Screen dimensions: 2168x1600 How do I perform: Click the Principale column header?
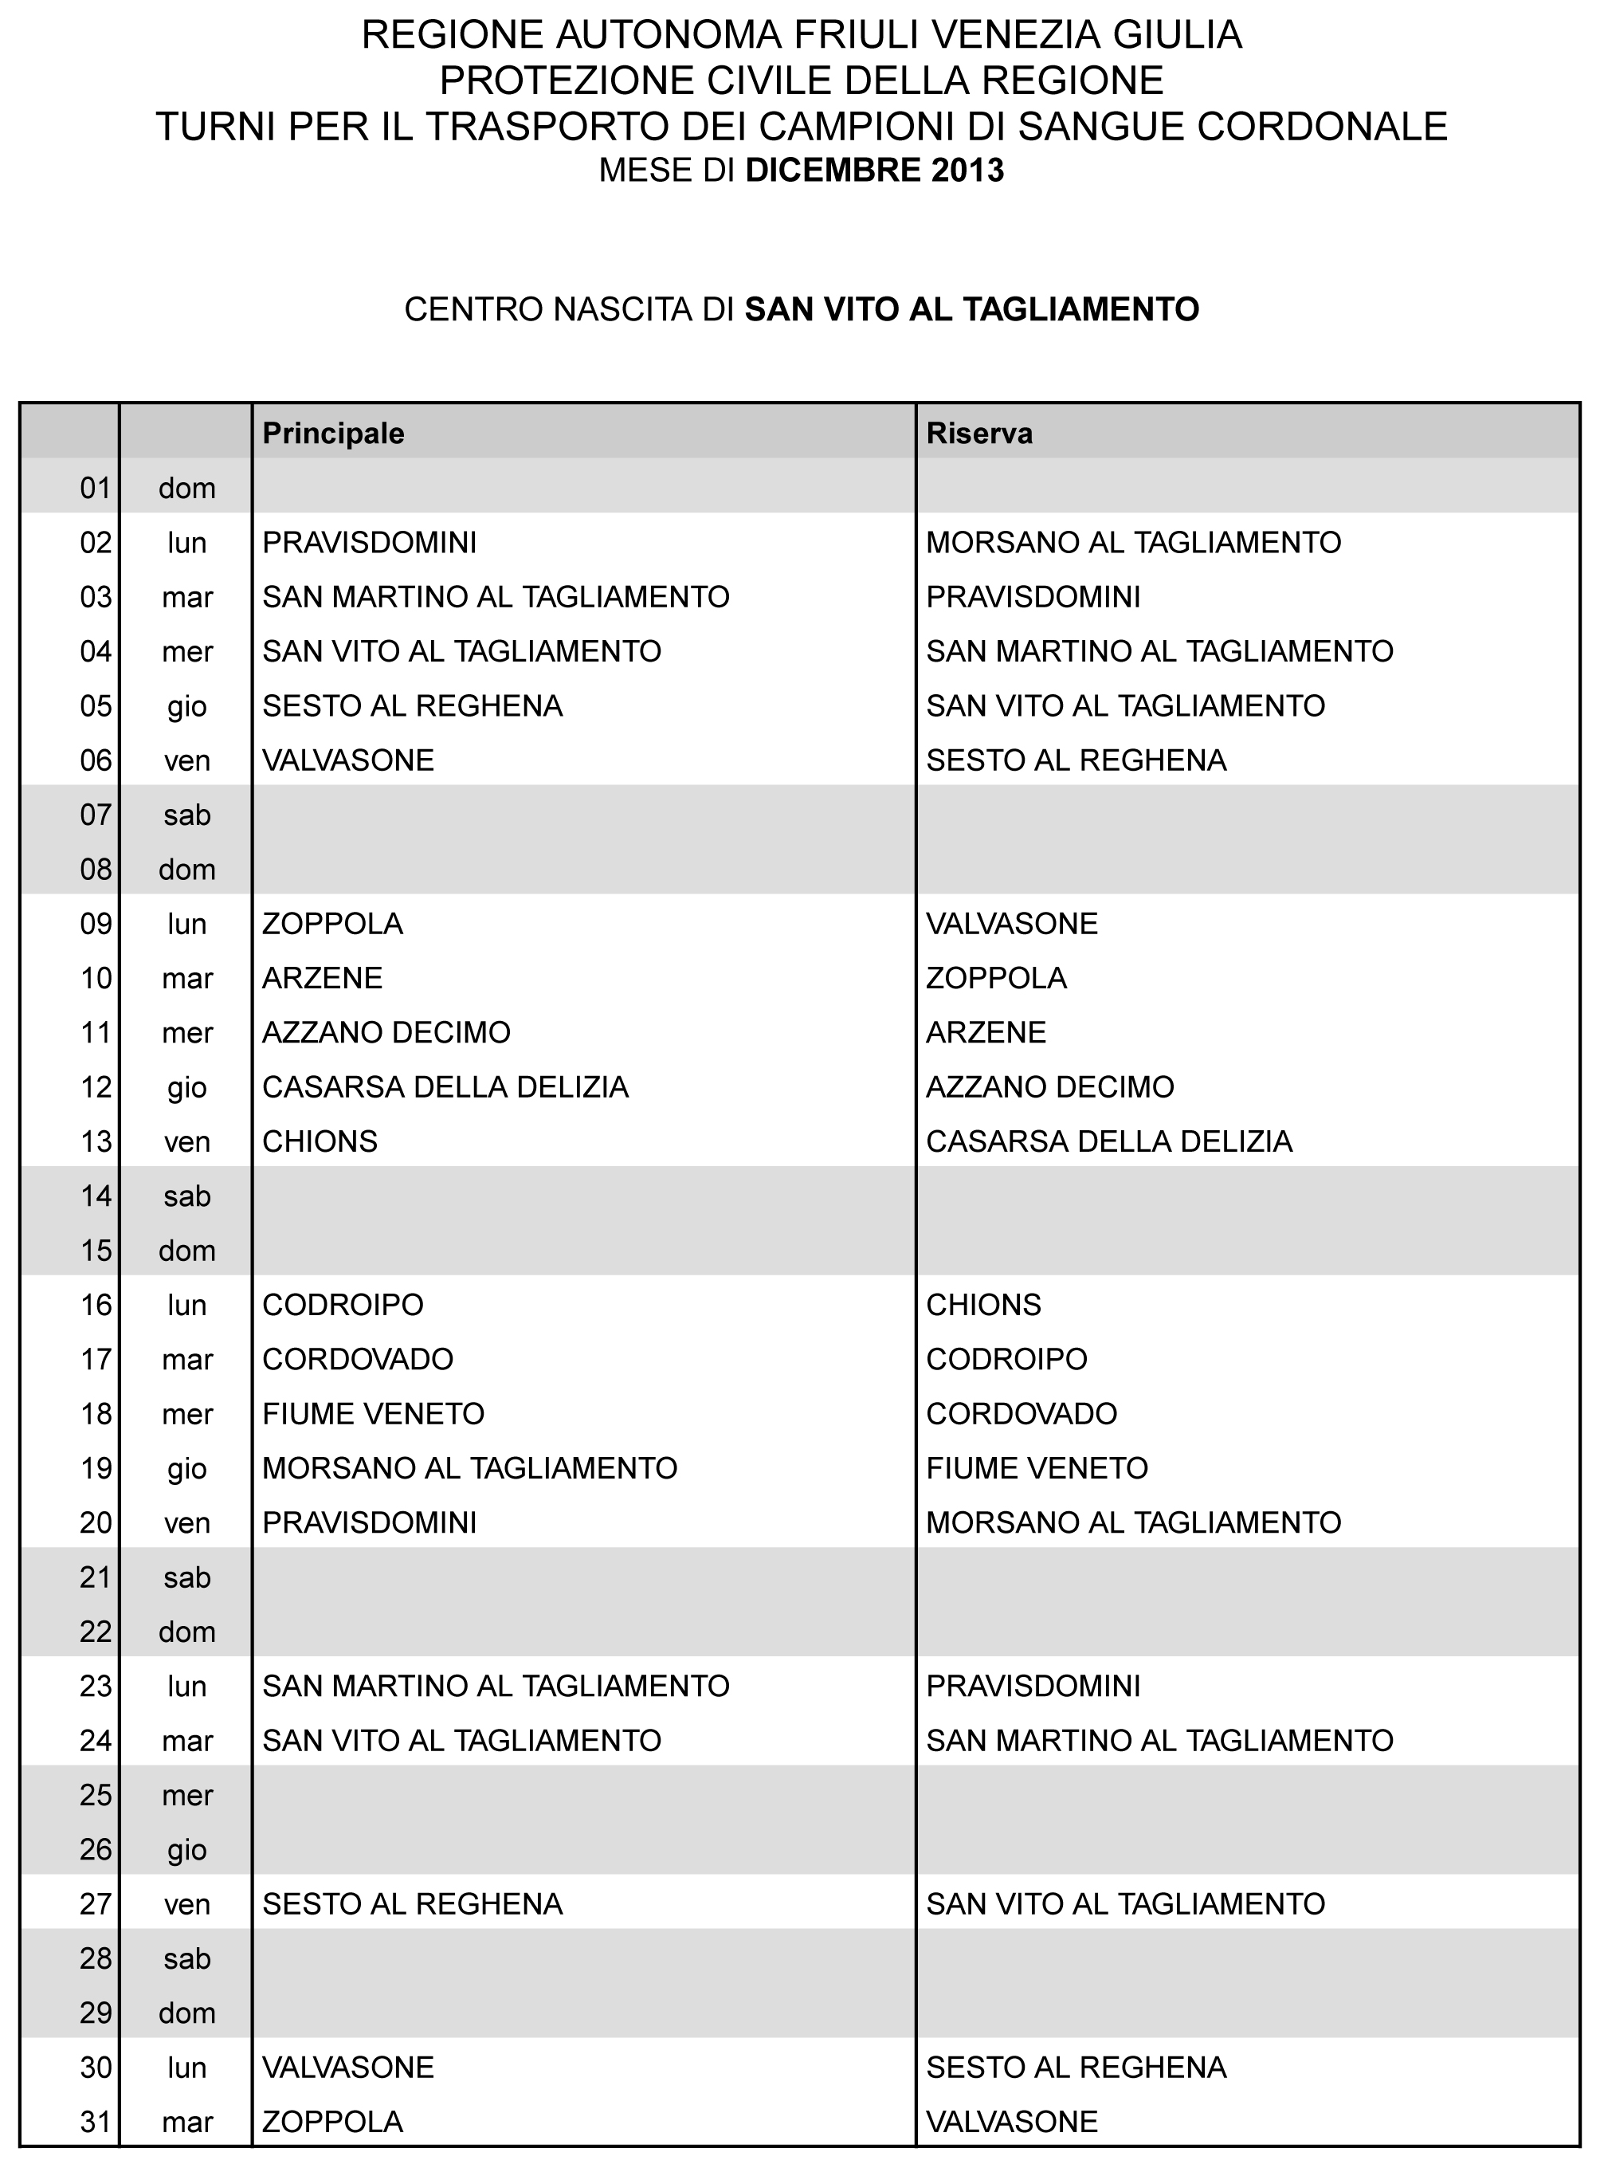pyautogui.click(x=333, y=433)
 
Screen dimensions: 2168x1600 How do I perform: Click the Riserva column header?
pyautogui.click(x=979, y=433)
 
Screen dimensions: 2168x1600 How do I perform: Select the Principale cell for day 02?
pyautogui.click(x=370, y=543)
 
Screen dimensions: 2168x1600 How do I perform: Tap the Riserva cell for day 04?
pyautogui.click(x=1159, y=651)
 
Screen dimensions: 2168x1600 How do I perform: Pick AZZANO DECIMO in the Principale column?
pyautogui.click(x=386, y=1033)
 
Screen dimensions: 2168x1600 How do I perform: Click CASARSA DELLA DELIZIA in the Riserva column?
pyautogui.click(x=1109, y=1141)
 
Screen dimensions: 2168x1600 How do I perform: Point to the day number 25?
pyautogui.click(x=96, y=1795)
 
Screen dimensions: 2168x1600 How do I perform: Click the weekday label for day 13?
pyautogui.click(x=187, y=1142)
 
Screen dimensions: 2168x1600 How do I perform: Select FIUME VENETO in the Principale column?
pyautogui.click(x=374, y=1414)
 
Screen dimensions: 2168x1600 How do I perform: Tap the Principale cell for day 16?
pyautogui.click(x=343, y=1305)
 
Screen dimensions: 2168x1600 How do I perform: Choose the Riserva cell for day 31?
pyautogui.click(x=1012, y=2122)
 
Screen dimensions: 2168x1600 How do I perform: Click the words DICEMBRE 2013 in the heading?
pyautogui.click(x=875, y=171)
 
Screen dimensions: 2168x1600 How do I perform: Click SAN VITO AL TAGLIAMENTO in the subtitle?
pyautogui.click(x=971, y=309)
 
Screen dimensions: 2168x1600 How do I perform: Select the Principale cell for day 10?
pyautogui.click(x=323, y=979)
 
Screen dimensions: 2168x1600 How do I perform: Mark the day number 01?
pyautogui.click(x=96, y=489)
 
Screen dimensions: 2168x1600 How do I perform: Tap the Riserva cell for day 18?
pyautogui.click(x=1022, y=1414)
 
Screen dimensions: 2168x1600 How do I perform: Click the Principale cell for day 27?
pyautogui.click(x=413, y=1904)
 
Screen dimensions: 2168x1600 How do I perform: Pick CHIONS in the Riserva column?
pyautogui.click(x=983, y=1305)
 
